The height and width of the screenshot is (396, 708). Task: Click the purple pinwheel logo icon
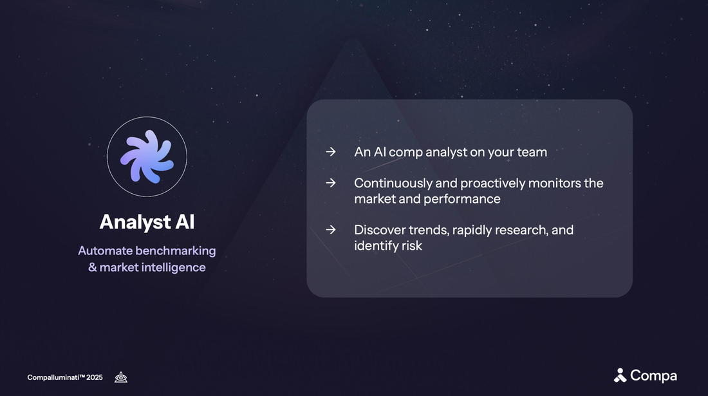147,156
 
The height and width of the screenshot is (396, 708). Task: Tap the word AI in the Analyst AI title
184,222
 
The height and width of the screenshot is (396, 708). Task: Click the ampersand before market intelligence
92,267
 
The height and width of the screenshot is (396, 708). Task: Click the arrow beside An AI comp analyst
330,152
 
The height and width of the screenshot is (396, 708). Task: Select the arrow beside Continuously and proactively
330,183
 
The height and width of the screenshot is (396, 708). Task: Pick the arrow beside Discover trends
330,230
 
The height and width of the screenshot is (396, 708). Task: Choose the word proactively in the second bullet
492,183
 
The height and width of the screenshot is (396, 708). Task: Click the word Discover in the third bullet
379,230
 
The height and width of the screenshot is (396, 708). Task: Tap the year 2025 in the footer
95,377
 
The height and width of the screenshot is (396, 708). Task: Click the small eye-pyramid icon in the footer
121,377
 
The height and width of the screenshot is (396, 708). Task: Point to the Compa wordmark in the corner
653,375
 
